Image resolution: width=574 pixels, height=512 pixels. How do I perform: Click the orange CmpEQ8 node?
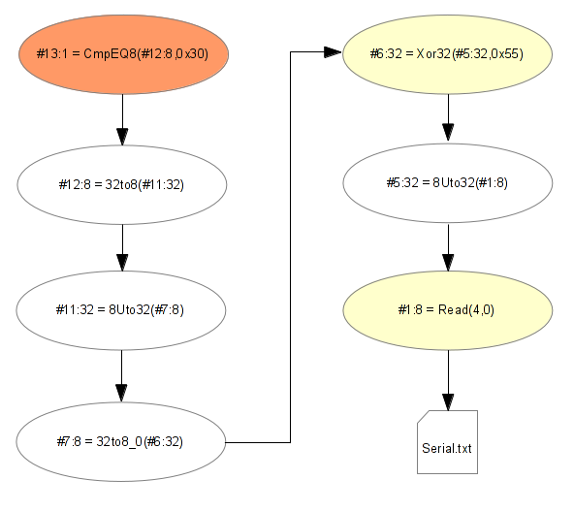pos(124,54)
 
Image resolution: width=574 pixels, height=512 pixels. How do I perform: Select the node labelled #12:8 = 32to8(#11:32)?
pos(122,184)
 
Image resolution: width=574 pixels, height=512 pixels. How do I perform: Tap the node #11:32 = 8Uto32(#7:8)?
pos(121,310)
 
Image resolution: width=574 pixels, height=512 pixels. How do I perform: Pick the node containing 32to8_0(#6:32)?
pos(121,441)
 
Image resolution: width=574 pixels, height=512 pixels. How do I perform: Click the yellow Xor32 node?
pos(447,54)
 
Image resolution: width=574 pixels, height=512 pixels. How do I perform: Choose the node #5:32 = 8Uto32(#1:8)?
pos(448,182)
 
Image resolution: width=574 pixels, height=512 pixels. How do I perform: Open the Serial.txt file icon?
pos(447,442)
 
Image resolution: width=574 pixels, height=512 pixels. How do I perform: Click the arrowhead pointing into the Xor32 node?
pos(334,52)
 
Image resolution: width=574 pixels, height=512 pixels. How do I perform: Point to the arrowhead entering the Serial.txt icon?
pos(448,402)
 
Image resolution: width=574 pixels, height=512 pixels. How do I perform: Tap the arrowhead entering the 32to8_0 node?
pos(121,394)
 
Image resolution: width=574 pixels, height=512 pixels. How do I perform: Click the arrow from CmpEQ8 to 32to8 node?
pos(122,120)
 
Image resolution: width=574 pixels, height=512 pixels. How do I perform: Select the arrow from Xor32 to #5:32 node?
pos(448,118)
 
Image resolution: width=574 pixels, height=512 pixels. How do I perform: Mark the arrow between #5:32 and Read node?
pos(448,247)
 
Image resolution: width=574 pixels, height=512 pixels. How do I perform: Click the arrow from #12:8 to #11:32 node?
pos(122,248)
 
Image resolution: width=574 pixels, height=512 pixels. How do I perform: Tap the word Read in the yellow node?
pos(453,310)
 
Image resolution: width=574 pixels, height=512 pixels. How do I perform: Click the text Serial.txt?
pos(447,448)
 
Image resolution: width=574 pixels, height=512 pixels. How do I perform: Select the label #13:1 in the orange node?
pos(52,54)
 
